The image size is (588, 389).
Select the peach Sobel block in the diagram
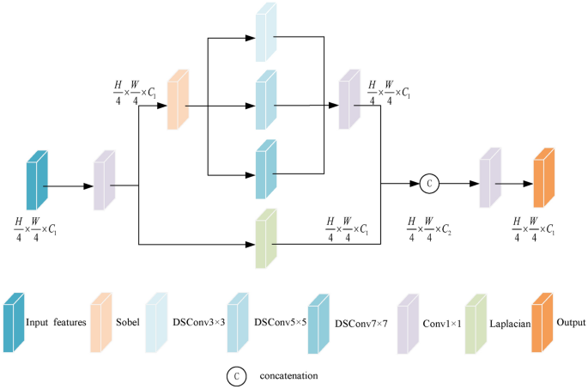coord(178,100)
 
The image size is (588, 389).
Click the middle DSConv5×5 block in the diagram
coord(266,100)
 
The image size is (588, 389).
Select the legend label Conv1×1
coord(442,325)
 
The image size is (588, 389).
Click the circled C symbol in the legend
coord(234,375)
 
